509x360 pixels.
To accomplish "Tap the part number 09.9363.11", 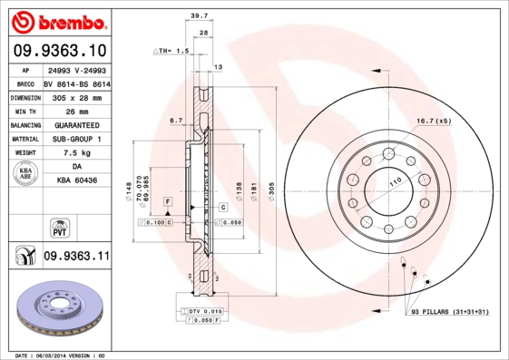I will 76,258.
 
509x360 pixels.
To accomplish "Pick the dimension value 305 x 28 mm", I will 76,96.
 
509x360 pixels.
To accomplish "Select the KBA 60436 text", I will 76,181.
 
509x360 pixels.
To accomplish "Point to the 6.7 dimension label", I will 176,120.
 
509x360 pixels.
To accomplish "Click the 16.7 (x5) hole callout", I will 434,121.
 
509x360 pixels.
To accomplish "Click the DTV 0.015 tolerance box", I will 204,312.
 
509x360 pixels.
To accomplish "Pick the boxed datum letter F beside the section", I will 168,199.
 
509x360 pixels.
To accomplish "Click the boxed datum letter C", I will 221,208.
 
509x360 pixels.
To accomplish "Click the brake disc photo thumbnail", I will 61,311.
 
